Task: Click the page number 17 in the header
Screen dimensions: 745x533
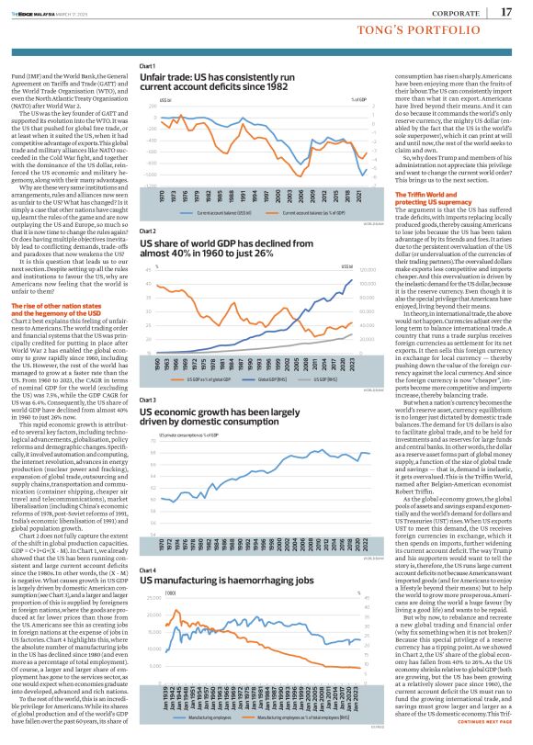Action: [x=506, y=12]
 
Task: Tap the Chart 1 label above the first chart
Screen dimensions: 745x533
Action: [x=146, y=67]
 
